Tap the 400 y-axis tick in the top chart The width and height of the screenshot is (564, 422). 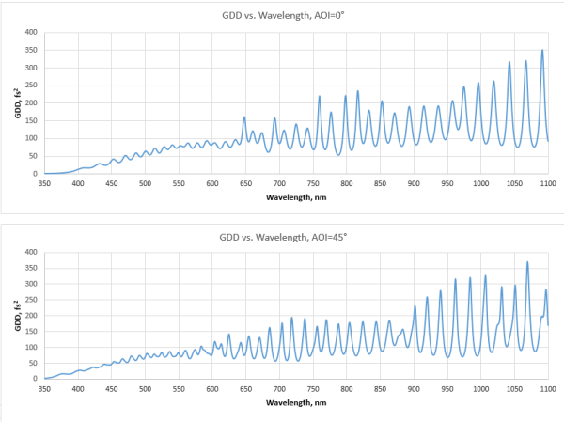(x=30, y=32)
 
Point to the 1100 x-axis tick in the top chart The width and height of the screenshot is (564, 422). (x=548, y=183)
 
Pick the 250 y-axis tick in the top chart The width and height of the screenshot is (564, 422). (x=30, y=86)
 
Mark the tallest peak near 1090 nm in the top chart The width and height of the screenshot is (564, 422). (x=542, y=50)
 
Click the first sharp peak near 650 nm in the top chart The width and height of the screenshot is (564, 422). (x=244, y=117)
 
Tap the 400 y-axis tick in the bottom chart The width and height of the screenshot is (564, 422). (x=30, y=252)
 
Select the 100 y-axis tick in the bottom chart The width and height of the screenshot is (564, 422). (x=30, y=347)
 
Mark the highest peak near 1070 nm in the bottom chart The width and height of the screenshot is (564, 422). (x=527, y=262)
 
